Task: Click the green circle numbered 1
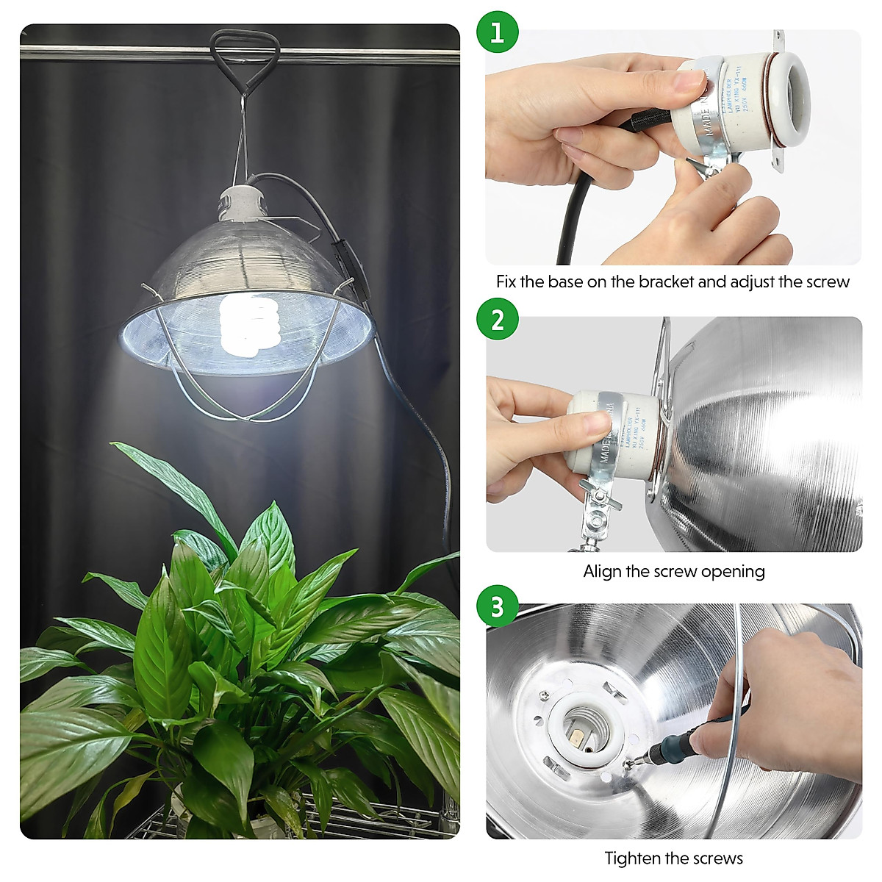pos(498,33)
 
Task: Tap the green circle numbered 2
pos(498,320)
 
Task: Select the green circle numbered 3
pos(498,607)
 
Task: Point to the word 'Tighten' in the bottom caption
pos(632,858)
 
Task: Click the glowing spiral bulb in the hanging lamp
pos(248,323)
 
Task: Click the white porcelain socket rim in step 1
pos(786,96)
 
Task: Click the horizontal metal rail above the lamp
pos(110,53)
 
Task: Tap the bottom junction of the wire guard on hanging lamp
pos(251,418)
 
